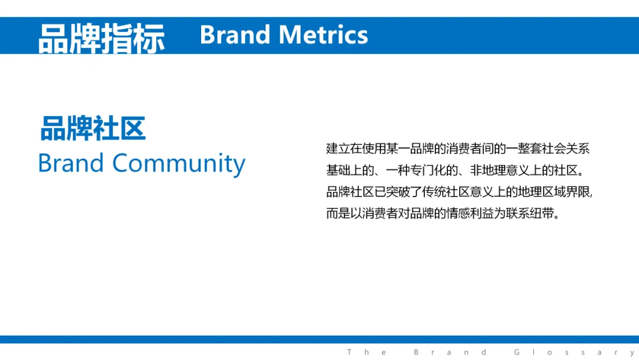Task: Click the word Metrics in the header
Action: tap(323, 35)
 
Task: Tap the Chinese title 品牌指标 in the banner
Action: tap(102, 38)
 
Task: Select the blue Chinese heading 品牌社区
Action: tap(93, 128)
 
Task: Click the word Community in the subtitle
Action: tap(179, 164)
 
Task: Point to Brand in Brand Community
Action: tap(71, 163)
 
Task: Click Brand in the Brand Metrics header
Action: tap(235, 35)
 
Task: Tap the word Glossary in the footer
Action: tap(574, 352)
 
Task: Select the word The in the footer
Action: tap(367, 352)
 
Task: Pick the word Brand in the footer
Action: tap(450, 352)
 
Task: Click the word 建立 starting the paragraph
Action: tap(338, 149)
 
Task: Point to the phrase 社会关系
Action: tap(566, 149)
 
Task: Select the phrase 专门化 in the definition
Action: tap(428, 170)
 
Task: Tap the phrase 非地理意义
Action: tap(499, 170)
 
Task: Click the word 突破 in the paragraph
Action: tap(398, 192)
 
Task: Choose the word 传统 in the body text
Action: tap(434, 192)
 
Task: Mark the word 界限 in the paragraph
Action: tap(577, 192)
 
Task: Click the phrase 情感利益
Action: tap(470, 213)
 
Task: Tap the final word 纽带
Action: tap(541, 213)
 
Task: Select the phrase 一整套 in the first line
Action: tap(524, 149)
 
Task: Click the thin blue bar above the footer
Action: tap(319, 339)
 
